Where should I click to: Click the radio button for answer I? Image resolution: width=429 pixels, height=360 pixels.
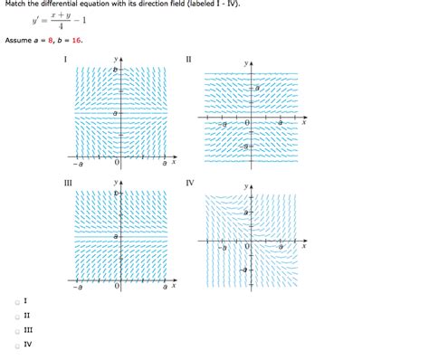click(16, 300)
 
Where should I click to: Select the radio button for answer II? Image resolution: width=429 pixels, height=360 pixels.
click(16, 315)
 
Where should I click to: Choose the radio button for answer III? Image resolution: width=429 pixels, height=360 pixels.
click(16, 329)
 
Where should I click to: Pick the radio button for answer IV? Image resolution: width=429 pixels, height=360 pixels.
click(16, 344)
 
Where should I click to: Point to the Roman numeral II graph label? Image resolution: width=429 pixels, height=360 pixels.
click(189, 60)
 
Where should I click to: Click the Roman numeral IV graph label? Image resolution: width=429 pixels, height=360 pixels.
click(190, 183)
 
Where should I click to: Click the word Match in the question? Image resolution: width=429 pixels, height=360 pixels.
click(14, 5)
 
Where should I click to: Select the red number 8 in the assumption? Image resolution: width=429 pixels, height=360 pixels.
click(63, 41)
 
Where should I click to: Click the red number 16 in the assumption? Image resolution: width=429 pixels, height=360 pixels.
click(94, 41)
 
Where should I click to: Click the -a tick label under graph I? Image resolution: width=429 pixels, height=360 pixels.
click(80, 164)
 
